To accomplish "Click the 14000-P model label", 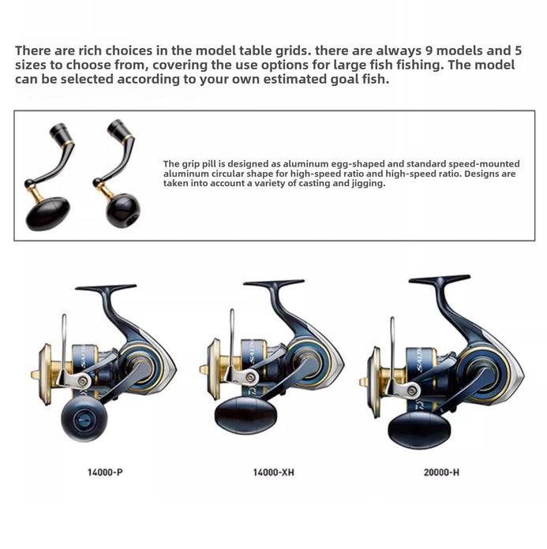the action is click(x=105, y=472).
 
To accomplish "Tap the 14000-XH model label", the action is click(x=273, y=472).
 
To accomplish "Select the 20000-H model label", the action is click(x=441, y=472).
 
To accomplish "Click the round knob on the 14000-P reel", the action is click(x=84, y=418).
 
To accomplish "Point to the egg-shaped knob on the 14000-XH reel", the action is click(x=245, y=415).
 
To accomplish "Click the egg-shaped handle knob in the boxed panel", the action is click(x=47, y=214).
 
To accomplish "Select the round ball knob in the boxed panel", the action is click(x=123, y=210).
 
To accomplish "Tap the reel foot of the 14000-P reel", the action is click(x=106, y=288).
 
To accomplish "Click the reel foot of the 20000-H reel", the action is click(x=440, y=279).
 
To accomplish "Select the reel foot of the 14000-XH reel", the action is click(x=274, y=282).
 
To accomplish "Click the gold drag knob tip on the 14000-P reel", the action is click(x=35, y=375).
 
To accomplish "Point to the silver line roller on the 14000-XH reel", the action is click(x=250, y=377).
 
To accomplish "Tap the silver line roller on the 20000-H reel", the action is click(x=413, y=390).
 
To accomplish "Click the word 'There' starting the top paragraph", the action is click(x=32, y=50).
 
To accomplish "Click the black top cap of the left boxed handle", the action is click(x=58, y=131).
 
